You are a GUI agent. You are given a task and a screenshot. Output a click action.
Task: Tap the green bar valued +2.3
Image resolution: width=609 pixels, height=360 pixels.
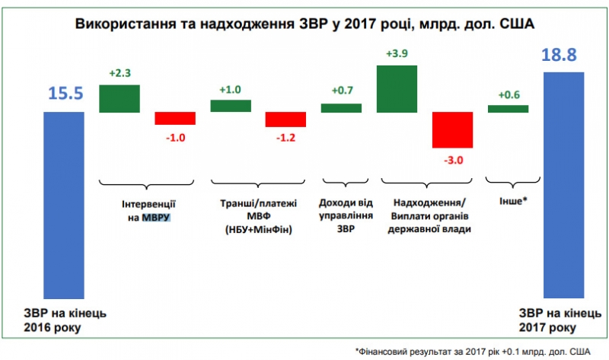tap(120, 98)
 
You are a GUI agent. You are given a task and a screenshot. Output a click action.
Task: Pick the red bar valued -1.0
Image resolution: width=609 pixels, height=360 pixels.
tap(175, 118)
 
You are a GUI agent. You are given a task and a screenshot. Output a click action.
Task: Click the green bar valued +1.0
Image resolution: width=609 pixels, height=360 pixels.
tap(230, 106)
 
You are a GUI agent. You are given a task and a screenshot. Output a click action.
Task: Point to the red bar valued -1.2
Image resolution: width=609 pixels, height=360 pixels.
tap(285, 119)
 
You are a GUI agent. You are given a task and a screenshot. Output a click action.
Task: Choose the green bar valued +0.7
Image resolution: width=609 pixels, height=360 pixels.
tap(341, 108)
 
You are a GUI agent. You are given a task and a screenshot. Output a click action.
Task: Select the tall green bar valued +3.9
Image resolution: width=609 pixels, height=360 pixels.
tap(397, 88)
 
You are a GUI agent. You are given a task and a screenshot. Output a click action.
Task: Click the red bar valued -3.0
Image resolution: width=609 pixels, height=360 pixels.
tap(452, 130)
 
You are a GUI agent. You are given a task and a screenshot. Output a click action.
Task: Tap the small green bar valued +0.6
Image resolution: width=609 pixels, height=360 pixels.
tap(508, 109)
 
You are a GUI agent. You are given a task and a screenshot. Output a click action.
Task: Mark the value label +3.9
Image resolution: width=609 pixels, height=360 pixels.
tap(397, 55)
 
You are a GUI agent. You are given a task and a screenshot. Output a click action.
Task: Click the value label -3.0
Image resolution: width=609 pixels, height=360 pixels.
tap(453, 159)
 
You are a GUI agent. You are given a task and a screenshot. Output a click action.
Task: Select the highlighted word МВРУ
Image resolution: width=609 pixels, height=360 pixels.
tap(155, 218)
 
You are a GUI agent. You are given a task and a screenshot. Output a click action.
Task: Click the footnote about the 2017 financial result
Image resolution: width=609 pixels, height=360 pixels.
tap(473, 350)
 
